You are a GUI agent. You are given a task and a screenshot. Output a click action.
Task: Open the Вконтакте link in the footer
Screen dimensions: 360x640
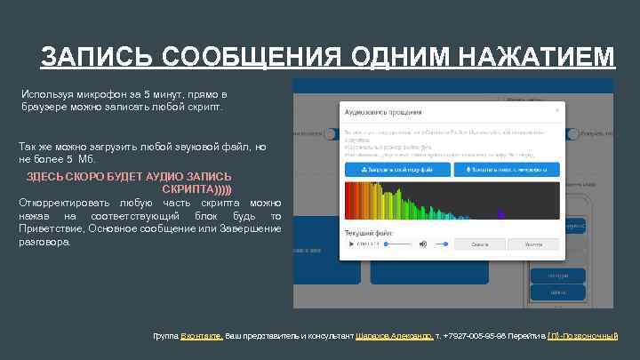coord(202,336)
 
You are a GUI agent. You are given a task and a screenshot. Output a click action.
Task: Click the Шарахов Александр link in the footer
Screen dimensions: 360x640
coord(394,336)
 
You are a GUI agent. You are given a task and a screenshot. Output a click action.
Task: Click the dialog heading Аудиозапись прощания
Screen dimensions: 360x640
coord(383,113)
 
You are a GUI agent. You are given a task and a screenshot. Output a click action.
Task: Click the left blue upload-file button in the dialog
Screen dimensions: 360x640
coord(396,169)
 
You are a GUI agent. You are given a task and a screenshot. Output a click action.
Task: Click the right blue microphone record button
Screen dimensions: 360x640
coord(506,169)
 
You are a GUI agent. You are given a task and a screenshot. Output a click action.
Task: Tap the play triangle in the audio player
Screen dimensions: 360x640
coord(350,243)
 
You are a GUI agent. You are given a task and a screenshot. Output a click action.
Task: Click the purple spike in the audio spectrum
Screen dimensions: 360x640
coord(500,214)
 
